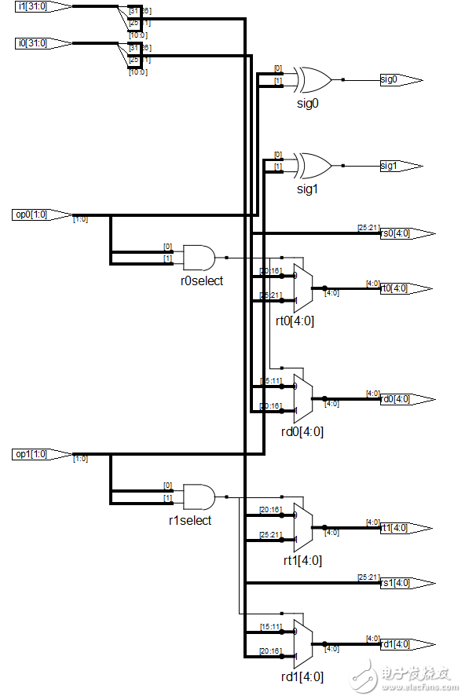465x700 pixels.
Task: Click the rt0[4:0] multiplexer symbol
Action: click(302, 288)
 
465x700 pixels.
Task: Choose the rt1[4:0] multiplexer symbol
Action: click(302, 527)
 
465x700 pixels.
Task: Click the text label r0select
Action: click(202, 280)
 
